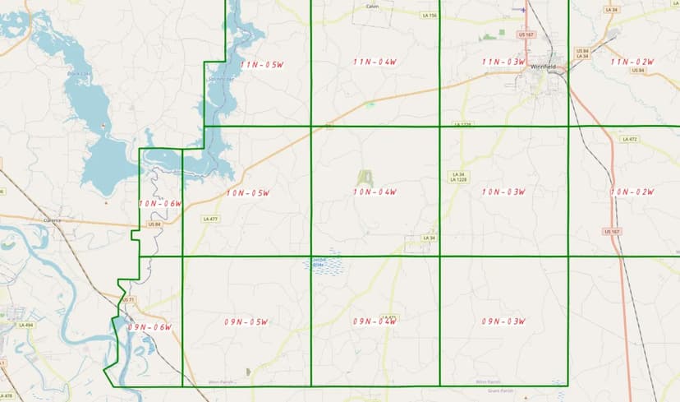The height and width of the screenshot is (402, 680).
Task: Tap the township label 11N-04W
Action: (374, 62)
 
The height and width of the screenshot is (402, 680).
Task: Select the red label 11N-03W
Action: (503, 62)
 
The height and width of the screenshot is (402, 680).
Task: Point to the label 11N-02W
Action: (632, 62)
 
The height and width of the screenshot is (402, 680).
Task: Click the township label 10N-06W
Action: (159, 203)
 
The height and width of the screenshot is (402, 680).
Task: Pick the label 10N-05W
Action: (248, 193)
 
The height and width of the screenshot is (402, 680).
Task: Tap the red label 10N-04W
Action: (374, 192)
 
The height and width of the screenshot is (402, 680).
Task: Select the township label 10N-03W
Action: (503, 192)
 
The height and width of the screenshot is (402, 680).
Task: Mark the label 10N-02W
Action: (632, 192)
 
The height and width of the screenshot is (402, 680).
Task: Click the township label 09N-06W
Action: (149, 327)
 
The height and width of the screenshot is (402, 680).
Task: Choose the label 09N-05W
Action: (246, 321)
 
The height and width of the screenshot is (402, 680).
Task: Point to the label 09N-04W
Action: (374, 321)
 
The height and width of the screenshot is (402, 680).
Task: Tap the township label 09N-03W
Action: (503, 321)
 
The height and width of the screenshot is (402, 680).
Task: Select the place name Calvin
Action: (371, 7)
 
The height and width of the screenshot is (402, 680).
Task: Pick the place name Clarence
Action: (53, 220)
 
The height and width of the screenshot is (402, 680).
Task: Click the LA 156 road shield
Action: (427, 15)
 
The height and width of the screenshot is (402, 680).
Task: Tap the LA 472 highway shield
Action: (630, 139)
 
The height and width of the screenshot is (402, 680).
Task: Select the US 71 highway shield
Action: (127, 300)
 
